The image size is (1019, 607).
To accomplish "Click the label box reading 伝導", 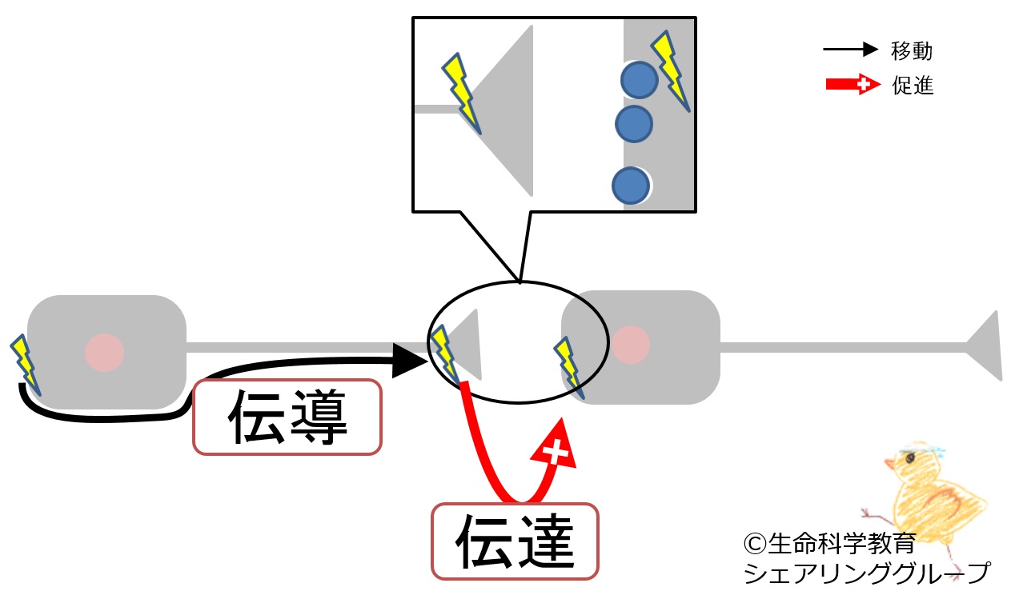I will [287, 417].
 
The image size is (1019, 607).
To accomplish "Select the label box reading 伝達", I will [516, 541].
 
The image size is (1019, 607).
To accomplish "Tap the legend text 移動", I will [912, 51].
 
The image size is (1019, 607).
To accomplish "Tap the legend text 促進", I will [913, 85].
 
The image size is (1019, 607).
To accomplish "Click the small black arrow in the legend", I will [850, 50].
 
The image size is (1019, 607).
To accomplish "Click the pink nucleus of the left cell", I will [105, 351].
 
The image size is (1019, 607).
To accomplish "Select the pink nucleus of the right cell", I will [631, 343].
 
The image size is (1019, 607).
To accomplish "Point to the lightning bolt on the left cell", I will [24, 363].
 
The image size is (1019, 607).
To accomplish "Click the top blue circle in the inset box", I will [639, 80].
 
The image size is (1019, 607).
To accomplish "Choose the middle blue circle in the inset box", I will [633, 124].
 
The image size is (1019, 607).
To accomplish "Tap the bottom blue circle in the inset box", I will [630, 185].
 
